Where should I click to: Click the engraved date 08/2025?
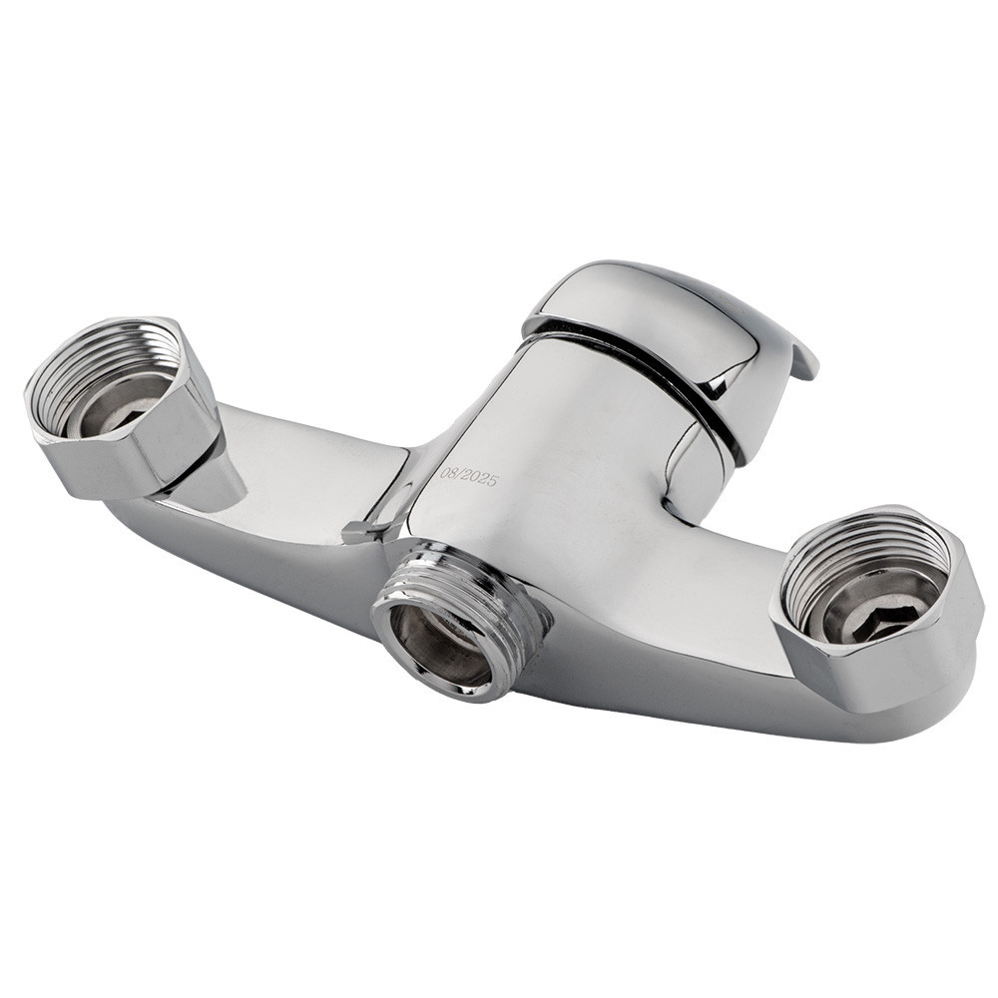coord(468,477)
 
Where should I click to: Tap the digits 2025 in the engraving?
coord(479,479)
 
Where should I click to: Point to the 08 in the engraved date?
coord(448,473)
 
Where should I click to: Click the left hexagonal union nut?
coord(120,407)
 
